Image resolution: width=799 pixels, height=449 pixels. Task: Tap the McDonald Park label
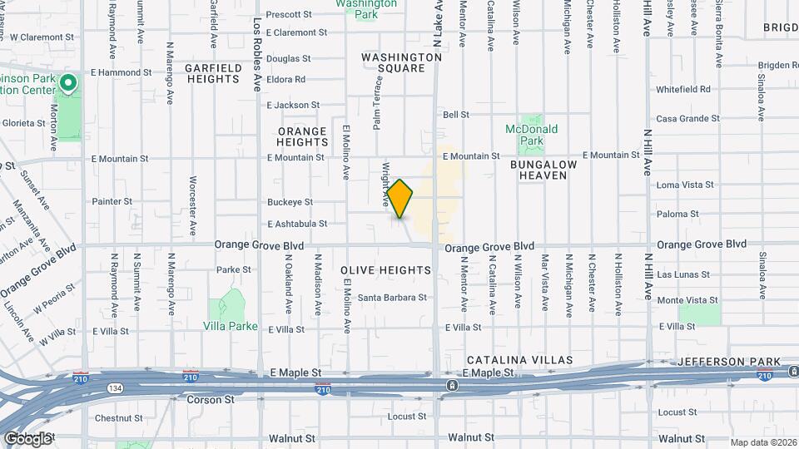(532, 135)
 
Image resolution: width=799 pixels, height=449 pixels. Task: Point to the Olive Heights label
(386, 270)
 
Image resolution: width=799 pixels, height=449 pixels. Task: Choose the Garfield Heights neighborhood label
(212, 73)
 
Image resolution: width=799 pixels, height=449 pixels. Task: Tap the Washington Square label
(401, 62)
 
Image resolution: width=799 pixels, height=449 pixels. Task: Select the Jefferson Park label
(729, 361)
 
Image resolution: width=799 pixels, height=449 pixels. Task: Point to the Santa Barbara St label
(392, 297)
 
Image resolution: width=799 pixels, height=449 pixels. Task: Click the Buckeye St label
(290, 202)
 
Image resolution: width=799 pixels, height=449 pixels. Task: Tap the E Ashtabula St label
(297, 224)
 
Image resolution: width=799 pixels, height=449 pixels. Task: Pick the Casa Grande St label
(687, 119)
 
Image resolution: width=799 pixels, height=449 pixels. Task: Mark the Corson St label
(216, 399)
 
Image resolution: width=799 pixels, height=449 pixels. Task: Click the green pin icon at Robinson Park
(69, 82)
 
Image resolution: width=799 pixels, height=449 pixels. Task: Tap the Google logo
(27, 438)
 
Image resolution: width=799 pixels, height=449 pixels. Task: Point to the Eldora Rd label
(286, 80)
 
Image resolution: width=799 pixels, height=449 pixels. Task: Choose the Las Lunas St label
(687, 274)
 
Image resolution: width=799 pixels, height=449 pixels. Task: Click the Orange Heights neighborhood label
(302, 137)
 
